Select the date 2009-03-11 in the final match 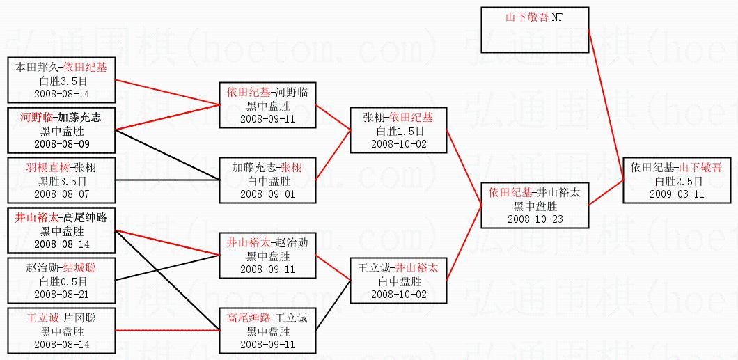tap(677, 194)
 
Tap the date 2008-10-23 tap(535, 219)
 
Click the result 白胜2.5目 tap(677, 181)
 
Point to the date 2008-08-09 tap(61, 143)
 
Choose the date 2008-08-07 tap(61, 194)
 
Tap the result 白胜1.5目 tap(398, 131)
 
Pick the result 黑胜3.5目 tap(61, 181)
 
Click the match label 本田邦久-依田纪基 tap(61, 68)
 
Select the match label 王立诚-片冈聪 tap(61, 318)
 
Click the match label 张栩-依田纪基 tap(398, 118)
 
